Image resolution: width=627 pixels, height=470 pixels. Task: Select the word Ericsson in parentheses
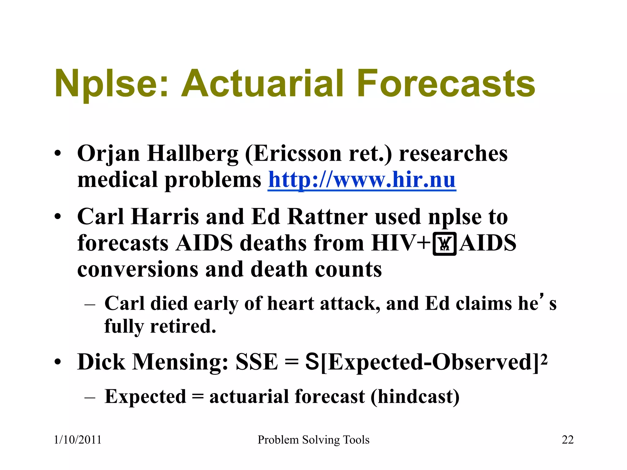(297, 154)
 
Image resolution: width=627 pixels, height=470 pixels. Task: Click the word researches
(453, 154)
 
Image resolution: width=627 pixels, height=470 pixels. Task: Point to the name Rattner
(328, 217)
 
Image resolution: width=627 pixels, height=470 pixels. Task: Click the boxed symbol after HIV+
(445, 244)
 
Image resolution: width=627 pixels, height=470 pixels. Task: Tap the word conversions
(138, 270)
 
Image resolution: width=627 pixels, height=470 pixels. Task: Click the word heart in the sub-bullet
(291, 304)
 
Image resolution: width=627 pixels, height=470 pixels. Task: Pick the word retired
(183, 326)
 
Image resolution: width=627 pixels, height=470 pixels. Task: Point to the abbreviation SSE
(257, 362)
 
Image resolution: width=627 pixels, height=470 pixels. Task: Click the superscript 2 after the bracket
(544, 358)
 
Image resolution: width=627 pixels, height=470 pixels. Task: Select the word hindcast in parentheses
(415, 397)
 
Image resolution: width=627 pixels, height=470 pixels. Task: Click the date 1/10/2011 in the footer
(77, 440)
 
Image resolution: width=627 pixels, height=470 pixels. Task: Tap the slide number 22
(567, 440)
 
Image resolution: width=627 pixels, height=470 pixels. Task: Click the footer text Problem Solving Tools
(313, 440)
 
